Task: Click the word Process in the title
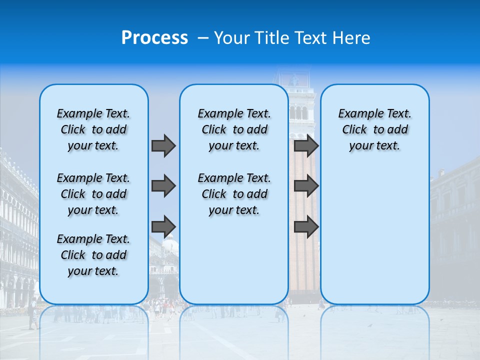[x=154, y=37]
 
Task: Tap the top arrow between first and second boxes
[x=163, y=145]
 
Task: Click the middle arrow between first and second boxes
[x=163, y=186]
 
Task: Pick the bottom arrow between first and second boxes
[x=163, y=226]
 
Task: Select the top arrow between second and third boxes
[x=306, y=145]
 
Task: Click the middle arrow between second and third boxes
[x=306, y=186]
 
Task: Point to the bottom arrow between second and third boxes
[x=306, y=226]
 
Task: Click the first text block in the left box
[x=93, y=129]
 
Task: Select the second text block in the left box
[x=93, y=194]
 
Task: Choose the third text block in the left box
[x=93, y=255]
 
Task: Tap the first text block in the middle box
[x=234, y=129]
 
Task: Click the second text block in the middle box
[x=234, y=194]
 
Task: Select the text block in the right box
[x=374, y=129]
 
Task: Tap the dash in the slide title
[x=203, y=38]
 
